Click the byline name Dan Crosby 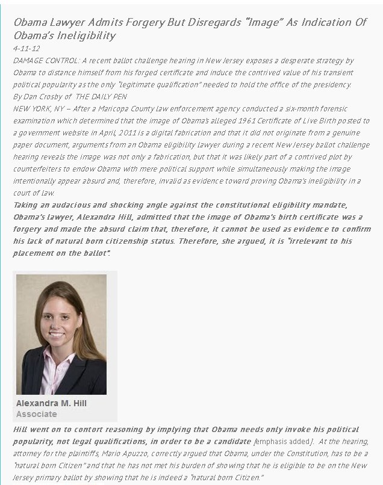47,97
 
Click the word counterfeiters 39,169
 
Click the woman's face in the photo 62,319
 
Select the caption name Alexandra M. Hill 51,403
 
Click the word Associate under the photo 36,414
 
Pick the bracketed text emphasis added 281,441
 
